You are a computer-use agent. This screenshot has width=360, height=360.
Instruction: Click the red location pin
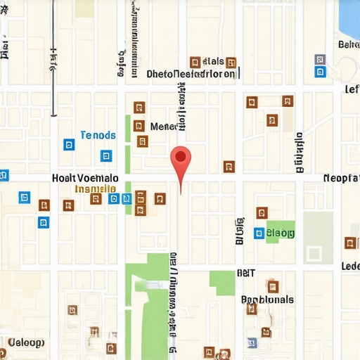pos(181,157)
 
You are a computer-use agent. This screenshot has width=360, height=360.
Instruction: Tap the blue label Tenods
pos(97,135)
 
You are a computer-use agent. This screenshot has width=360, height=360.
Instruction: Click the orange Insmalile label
pos(96,188)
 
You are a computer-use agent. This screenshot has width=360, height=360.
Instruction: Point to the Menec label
pos(166,127)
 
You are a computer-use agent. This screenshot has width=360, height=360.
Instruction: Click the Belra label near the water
pos(349,45)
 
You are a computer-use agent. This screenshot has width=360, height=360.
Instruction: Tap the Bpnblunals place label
pos(268,300)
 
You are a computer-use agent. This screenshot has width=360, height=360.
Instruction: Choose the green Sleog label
pos(281,232)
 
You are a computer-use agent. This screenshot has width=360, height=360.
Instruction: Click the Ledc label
pos(350,266)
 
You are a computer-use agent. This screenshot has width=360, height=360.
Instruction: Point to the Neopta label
pos(341,178)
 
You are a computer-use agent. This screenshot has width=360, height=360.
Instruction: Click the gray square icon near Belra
pos(320,60)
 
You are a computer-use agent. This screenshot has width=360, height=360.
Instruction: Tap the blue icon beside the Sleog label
pos(259,233)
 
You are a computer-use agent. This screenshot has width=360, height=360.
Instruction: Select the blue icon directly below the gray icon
pos(320,72)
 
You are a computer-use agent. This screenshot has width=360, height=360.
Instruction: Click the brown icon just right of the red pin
pos(229,167)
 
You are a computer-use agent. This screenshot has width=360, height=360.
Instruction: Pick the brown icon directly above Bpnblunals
pos(272,286)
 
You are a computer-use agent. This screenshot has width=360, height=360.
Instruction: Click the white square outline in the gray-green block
pos(314,253)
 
